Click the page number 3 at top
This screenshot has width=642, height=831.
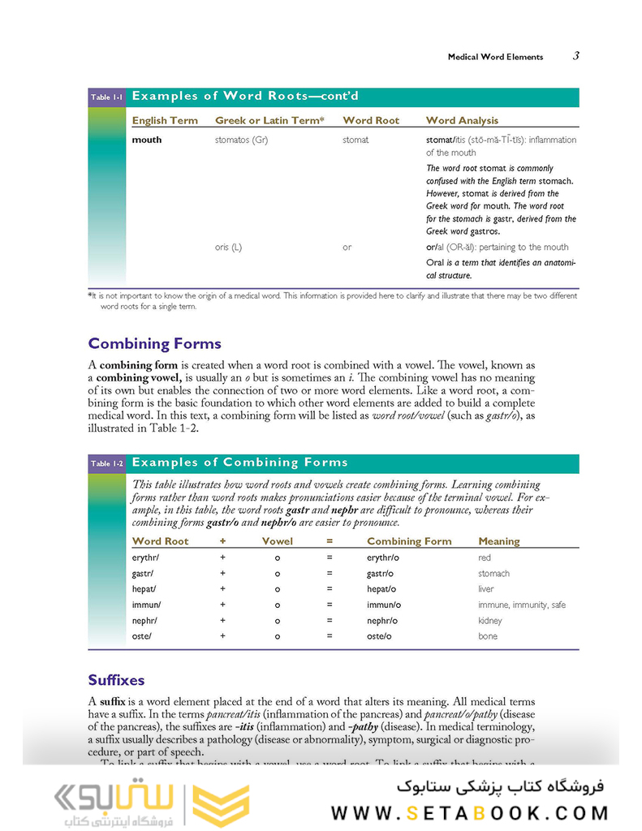(x=575, y=56)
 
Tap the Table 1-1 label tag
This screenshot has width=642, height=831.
(x=106, y=97)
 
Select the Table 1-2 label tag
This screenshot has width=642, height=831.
(x=106, y=464)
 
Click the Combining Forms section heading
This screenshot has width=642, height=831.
(x=154, y=343)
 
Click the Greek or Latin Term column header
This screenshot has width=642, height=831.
(x=269, y=120)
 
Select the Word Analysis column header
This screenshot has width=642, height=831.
(x=462, y=120)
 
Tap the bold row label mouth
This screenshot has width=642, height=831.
(x=147, y=140)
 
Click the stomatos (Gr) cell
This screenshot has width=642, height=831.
(x=241, y=140)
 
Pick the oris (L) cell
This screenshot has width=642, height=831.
(x=228, y=247)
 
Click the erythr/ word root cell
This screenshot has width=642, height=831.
(x=146, y=558)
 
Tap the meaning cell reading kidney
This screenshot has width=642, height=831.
(x=490, y=621)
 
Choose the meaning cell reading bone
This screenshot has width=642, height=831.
(x=487, y=636)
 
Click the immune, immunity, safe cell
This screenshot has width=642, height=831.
(x=522, y=605)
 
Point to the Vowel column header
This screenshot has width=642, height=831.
(x=277, y=541)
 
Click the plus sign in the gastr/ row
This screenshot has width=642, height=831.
(x=222, y=574)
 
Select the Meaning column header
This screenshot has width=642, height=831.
(x=499, y=541)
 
